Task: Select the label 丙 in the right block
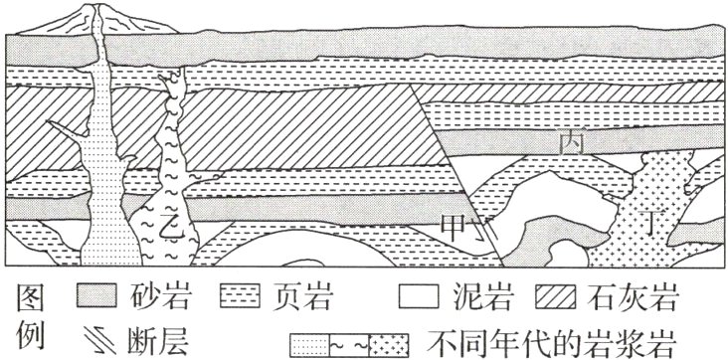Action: [570, 144]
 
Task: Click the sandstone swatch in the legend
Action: [99, 295]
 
